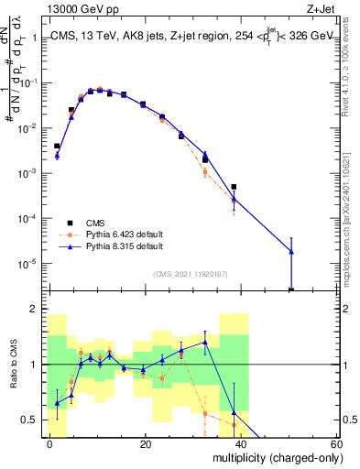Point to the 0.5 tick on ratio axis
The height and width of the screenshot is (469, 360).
pos(29,420)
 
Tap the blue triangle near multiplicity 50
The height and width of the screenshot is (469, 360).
pos(291,251)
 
